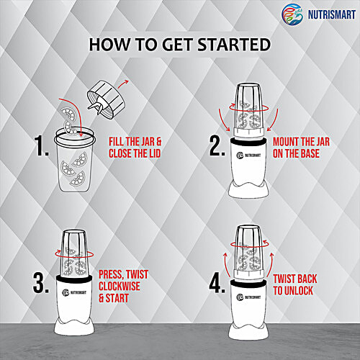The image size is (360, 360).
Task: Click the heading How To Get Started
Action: [x=179, y=45]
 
